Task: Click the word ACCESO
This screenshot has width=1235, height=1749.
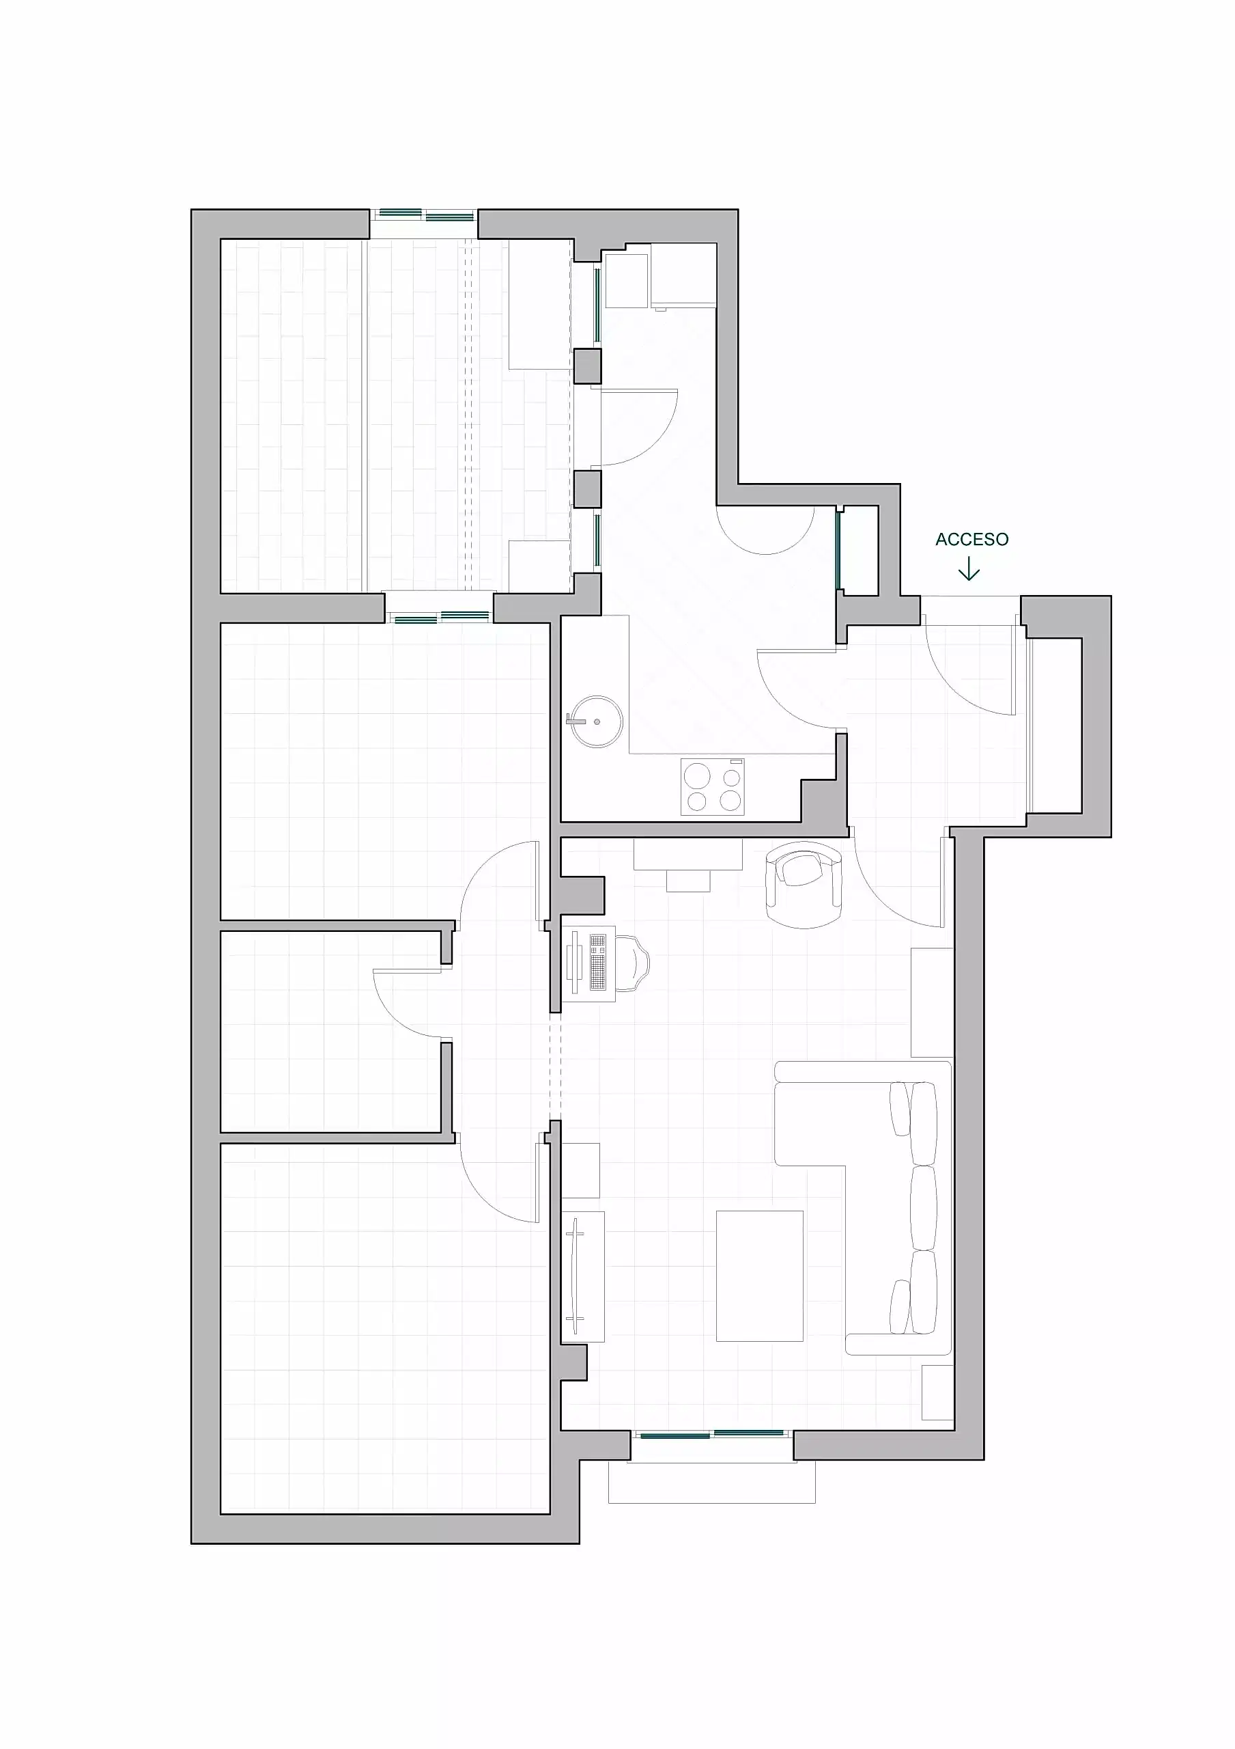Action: coord(971,539)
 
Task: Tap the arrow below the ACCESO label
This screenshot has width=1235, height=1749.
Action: coord(969,569)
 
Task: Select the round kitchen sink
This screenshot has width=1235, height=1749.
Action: coord(595,721)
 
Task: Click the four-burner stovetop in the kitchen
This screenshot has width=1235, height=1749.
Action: coord(712,787)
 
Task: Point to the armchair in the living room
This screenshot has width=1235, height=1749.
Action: coord(804,883)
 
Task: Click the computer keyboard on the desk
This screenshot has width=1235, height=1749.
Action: coord(598,963)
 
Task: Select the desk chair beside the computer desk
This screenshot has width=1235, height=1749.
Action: coord(632,963)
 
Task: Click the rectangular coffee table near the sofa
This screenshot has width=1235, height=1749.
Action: coord(759,1276)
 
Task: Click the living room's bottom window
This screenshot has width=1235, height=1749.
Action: coord(712,1435)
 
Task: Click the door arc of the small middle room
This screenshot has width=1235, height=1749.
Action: coord(408,1004)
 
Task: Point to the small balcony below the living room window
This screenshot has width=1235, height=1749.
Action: coord(712,1482)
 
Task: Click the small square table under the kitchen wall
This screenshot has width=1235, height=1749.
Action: coord(688,881)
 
